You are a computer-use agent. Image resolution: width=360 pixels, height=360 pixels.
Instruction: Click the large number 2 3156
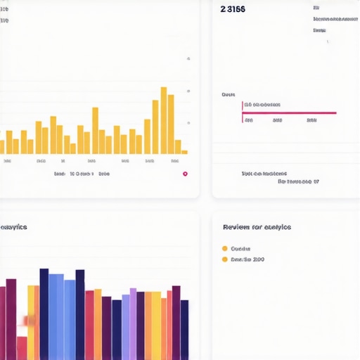pos(233,9)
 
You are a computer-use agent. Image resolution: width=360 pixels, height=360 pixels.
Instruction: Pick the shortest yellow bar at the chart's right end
pos(184,152)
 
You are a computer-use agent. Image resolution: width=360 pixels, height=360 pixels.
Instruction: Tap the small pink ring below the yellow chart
pos(185,174)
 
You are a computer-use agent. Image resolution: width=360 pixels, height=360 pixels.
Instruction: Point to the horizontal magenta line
pos(290,112)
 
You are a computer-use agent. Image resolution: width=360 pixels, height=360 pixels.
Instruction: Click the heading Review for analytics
pos(257,227)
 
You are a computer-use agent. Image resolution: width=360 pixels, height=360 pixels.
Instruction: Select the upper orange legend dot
pos(225,248)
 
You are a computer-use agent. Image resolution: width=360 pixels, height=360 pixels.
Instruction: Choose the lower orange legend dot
pos(225,259)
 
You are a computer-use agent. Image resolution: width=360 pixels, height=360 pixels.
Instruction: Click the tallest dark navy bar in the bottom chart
pos(44,314)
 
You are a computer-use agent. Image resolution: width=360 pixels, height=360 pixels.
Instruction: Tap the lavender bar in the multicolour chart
pos(133,323)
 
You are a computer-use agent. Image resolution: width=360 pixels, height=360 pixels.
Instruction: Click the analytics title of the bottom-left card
pos(13,227)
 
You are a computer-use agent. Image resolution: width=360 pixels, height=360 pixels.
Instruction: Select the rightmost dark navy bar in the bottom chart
pos(184,329)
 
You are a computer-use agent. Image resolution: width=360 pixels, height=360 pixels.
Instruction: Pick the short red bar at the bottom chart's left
pos(22,348)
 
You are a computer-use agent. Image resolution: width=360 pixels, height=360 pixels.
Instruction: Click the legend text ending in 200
pos(247,259)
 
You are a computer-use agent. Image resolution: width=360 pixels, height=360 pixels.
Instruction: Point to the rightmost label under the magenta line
pos(311,120)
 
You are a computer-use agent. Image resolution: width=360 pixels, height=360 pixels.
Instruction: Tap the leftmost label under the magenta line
pos(248,120)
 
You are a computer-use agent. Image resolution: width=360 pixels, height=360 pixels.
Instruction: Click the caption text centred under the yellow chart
pos(82,173)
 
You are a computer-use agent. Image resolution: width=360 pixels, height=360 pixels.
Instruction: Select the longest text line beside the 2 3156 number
pos(335,20)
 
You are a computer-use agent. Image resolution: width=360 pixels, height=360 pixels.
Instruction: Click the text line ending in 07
pos(298,181)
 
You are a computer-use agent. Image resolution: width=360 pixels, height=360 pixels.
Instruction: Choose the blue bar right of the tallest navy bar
pos(56,316)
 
